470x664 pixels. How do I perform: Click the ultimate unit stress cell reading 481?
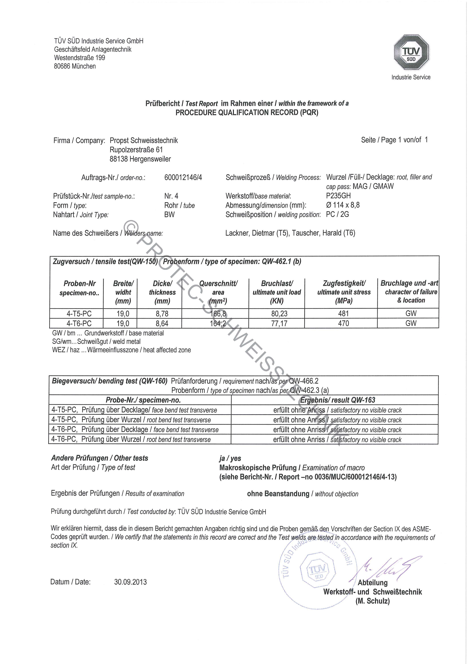344,314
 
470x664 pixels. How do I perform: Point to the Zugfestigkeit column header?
344,292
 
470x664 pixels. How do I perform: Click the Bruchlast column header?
277,292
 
